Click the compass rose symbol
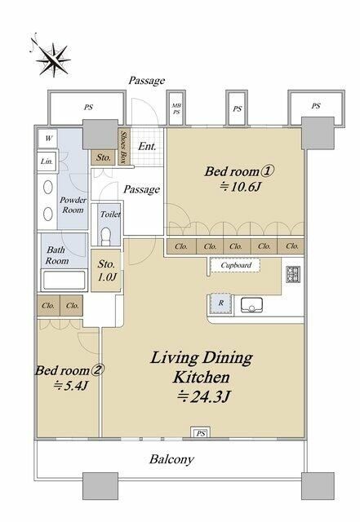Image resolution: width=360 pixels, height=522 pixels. click(53, 59)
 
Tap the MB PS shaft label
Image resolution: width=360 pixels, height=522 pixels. click(176, 108)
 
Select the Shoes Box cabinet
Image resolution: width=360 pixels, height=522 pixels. click(123, 147)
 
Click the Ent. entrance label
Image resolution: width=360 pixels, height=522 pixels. click(147, 146)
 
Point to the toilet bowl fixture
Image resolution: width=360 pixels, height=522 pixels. click(105, 236)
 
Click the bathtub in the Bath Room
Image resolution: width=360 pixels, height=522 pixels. click(64, 281)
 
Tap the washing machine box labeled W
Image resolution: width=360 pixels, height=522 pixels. click(47, 138)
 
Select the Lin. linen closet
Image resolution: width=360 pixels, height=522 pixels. click(47, 161)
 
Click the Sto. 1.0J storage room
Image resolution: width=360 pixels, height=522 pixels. click(106, 270)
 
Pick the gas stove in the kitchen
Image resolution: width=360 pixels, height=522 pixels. click(293, 274)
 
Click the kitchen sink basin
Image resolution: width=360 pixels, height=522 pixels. click(251, 305)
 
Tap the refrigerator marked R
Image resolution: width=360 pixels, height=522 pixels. click(220, 303)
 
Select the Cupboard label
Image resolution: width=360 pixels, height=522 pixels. click(236, 265)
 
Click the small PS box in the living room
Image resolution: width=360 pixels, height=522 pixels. click(200, 432)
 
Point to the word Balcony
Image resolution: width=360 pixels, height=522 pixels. click(171, 459)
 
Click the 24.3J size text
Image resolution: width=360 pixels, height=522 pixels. click(204, 396)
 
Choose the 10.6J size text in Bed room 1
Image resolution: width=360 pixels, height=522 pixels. click(240, 187)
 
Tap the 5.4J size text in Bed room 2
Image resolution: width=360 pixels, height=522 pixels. click(71, 386)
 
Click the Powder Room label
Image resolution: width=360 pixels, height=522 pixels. click(73, 205)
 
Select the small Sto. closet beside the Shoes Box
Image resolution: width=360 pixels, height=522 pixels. click(104, 157)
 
